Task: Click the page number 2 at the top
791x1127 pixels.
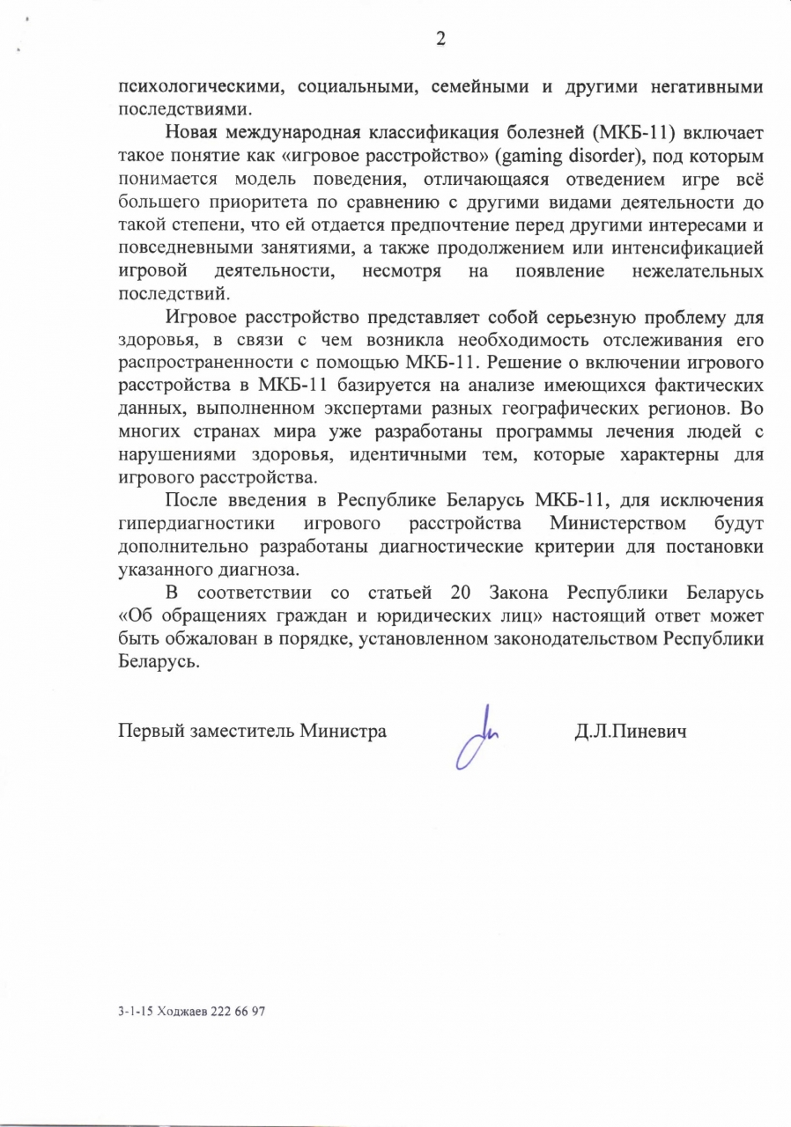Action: (440, 38)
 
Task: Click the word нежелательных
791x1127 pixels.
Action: (699, 271)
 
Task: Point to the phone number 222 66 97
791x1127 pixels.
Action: (239, 1012)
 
